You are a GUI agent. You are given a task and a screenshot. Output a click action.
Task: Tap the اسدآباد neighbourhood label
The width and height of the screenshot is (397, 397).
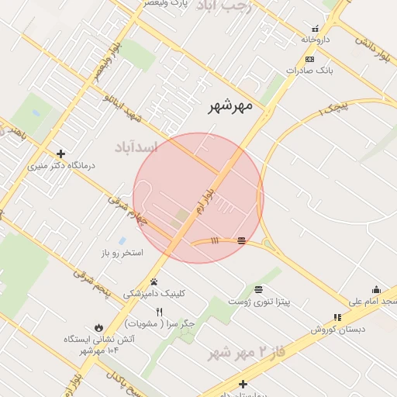point(136,147)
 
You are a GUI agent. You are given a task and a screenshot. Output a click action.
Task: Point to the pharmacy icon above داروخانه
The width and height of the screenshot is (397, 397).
point(315,29)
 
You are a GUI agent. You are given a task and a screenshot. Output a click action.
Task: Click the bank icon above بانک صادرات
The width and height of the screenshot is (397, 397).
point(309,60)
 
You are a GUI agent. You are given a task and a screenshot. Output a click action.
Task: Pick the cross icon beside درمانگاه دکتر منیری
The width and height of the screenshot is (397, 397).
point(60,154)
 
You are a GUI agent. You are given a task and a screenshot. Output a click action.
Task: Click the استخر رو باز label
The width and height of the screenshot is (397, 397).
point(122,254)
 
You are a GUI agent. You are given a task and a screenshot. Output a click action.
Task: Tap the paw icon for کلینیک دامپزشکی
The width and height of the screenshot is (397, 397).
point(154,282)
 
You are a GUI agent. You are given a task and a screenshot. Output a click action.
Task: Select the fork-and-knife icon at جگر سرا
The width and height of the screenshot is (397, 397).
point(160,312)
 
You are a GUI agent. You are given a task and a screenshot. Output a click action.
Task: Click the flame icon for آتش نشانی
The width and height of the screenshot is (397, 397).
point(98,327)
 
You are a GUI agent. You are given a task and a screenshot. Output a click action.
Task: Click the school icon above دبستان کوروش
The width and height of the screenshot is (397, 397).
point(337,317)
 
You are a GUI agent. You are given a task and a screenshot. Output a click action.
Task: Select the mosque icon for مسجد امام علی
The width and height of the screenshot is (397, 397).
point(376,289)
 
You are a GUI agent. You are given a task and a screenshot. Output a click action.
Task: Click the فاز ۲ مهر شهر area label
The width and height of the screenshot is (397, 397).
point(240,353)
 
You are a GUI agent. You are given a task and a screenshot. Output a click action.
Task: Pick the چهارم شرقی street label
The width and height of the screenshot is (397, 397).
point(126,212)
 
